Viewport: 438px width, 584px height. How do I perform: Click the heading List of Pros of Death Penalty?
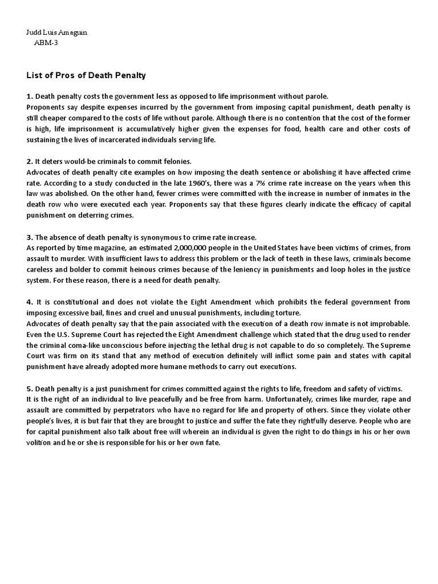point(86,75)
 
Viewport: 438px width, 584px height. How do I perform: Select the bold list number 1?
point(30,96)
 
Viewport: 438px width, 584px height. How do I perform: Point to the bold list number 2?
point(30,162)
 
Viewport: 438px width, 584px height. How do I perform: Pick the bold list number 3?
point(30,237)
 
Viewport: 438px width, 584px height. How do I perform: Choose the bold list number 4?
point(30,302)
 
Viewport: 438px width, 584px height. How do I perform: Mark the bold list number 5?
point(30,388)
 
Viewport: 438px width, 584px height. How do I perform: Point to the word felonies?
point(176,162)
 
